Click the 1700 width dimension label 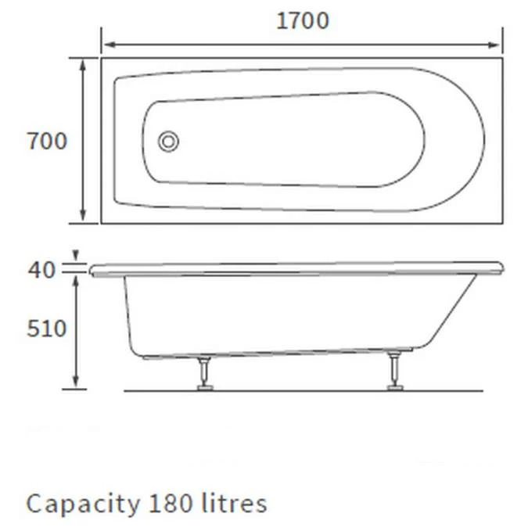[x=302, y=20]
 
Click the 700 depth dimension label [x=47, y=142]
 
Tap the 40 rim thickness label [x=42, y=270]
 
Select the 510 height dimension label [x=46, y=329]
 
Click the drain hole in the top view [x=168, y=142]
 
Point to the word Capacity [x=80, y=503]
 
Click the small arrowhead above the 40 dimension [x=75, y=256]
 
